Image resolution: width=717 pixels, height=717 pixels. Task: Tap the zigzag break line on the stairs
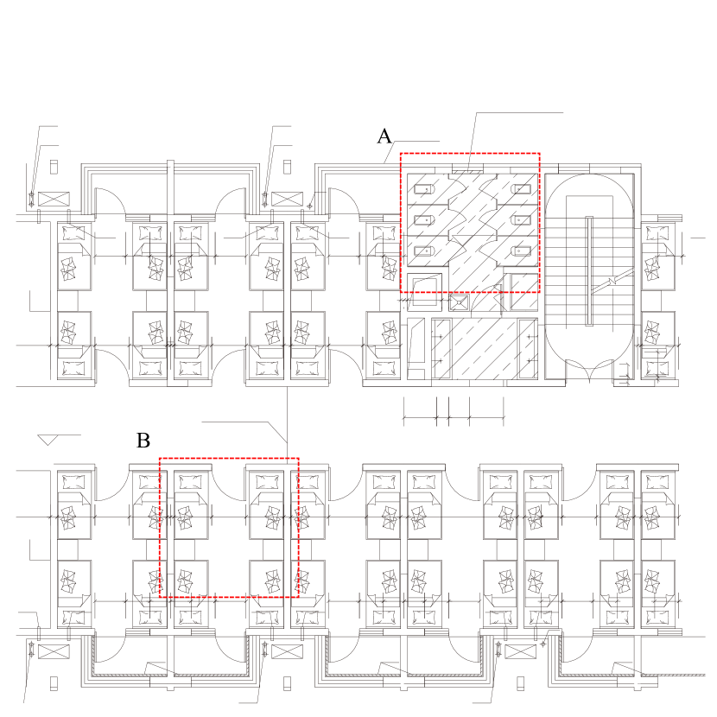pyautogui.click(x=619, y=277)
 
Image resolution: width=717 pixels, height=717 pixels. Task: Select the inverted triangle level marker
pyautogui.click(x=48, y=441)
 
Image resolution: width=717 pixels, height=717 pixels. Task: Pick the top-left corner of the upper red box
pyautogui.click(x=400, y=154)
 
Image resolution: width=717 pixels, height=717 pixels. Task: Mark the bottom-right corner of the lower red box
pyautogui.click(x=298, y=596)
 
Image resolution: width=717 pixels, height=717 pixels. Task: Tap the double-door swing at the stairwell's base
pyautogui.click(x=587, y=371)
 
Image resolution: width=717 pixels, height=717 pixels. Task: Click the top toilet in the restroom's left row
pyautogui.click(x=423, y=188)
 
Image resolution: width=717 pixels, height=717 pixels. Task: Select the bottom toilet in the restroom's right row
pyautogui.click(x=521, y=251)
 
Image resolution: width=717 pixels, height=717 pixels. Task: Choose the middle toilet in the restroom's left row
pyautogui.click(x=423, y=219)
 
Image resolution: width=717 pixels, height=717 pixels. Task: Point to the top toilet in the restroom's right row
pyautogui.click(x=521, y=188)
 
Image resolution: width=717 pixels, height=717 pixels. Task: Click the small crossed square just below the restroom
pyautogui.click(x=459, y=302)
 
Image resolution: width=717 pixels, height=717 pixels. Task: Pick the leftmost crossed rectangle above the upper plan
pyautogui.click(x=53, y=200)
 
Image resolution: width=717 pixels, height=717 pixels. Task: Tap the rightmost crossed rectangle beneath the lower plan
pyautogui.click(x=520, y=651)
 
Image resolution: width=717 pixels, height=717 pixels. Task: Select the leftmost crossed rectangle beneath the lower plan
pyautogui.click(x=53, y=651)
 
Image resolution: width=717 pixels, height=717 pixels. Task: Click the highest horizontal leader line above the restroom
pyautogui.click(x=518, y=112)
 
